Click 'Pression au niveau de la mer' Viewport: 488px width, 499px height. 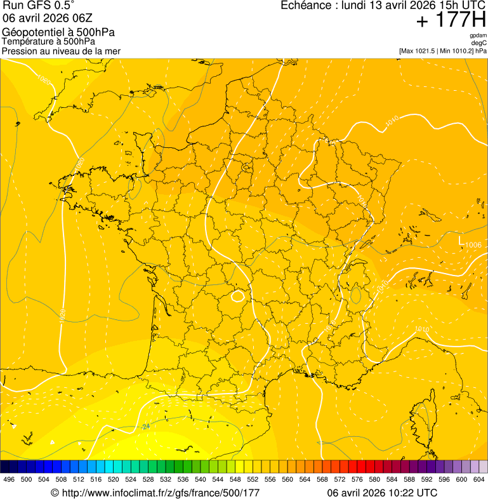tap(62, 50)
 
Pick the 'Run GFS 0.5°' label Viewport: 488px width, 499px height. tap(39, 6)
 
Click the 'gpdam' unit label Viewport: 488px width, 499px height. tap(478, 36)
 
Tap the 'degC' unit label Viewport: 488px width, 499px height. tap(479, 43)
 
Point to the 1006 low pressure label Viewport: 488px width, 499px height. tap(473, 245)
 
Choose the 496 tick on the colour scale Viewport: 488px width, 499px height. tap(9, 479)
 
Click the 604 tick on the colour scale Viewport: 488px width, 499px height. tap(479, 479)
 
